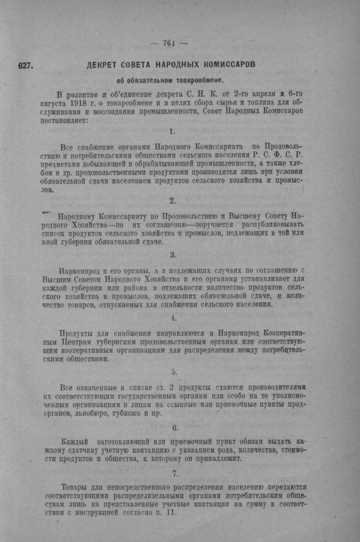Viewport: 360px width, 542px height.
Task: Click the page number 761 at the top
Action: click(x=168, y=44)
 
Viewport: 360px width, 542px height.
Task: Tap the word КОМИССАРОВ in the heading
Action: click(x=228, y=65)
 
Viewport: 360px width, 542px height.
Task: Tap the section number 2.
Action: click(x=172, y=201)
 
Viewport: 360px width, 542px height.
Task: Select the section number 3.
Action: click(x=173, y=255)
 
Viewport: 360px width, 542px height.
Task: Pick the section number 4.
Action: click(x=173, y=318)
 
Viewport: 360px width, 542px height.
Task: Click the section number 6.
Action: click(x=175, y=427)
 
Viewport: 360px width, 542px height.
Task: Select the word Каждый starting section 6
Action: click(x=76, y=441)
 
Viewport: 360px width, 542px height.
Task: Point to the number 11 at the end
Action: click(x=171, y=513)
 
